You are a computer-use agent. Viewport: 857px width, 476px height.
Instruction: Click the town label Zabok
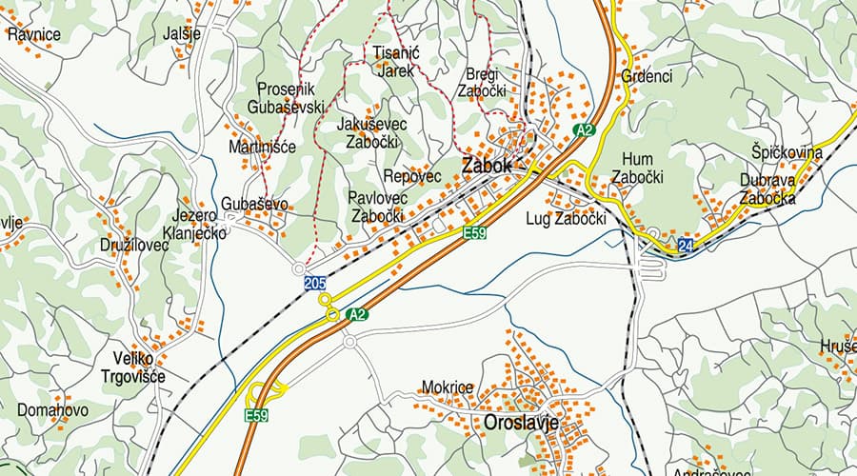pos(487,166)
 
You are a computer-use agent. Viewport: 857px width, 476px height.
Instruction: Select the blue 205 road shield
pos(315,283)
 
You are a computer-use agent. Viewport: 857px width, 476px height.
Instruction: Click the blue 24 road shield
pos(686,247)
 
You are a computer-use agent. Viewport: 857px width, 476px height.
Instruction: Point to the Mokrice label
pos(447,388)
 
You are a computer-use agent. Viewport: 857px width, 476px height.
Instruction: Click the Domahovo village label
pos(52,411)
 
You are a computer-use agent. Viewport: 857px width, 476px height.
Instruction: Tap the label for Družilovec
pos(134,245)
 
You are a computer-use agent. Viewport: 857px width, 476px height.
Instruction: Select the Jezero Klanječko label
pos(193,224)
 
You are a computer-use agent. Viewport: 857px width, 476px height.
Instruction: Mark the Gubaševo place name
pos(254,204)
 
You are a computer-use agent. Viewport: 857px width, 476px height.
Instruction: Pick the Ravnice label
pos(34,34)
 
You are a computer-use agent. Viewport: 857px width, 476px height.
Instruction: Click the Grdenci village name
pos(647,75)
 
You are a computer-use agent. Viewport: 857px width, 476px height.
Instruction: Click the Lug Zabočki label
pos(566,219)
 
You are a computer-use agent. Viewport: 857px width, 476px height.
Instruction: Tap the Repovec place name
pos(412,176)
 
